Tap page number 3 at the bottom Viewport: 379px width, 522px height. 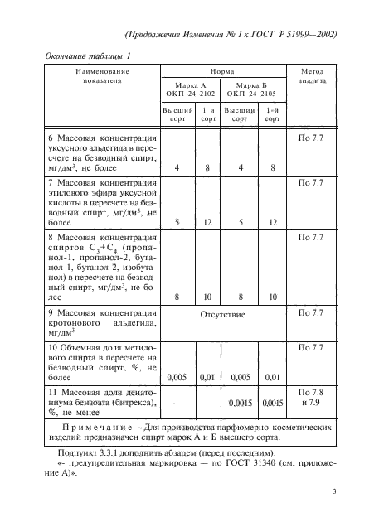click(x=332, y=493)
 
